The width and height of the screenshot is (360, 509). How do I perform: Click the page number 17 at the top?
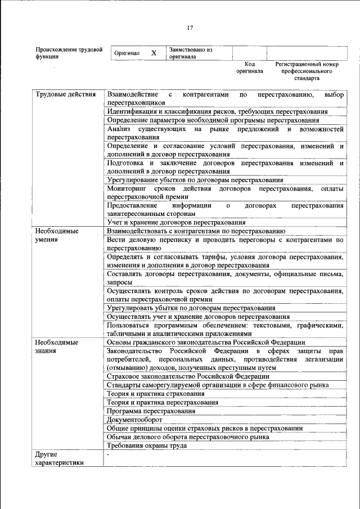click(190, 28)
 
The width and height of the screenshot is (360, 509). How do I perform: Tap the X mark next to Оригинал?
click(154, 53)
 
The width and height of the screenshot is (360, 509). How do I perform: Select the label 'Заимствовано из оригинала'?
click(190, 53)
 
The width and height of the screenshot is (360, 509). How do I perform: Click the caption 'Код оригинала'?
click(249, 68)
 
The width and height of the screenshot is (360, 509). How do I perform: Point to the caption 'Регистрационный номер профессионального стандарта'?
click(307, 71)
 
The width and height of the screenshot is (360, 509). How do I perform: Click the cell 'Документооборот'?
click(134, 420)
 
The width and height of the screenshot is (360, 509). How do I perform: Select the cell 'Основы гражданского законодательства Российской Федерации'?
click(206, 342)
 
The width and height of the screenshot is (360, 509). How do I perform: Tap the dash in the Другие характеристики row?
click(108, 454)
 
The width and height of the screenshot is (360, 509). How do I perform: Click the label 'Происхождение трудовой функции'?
click(69, 53)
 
